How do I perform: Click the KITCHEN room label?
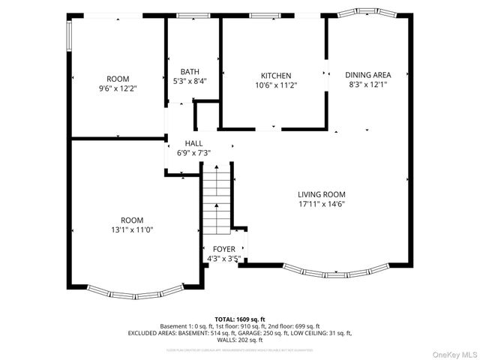point(275,75)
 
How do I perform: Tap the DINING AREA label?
point(367,75)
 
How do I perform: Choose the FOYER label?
point(223,249)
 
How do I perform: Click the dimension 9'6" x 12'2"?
point(118,88)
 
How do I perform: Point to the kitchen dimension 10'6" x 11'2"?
point(275,85)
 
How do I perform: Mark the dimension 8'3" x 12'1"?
point(367,85)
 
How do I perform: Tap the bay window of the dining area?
point(364,13)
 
